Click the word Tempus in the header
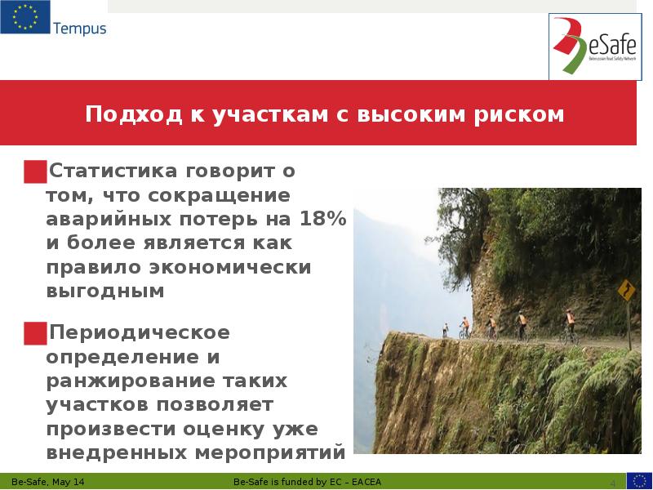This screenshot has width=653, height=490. click(79, 29)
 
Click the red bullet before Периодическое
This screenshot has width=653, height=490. click(35, 333)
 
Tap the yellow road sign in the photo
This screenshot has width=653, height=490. click(627, 289)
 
